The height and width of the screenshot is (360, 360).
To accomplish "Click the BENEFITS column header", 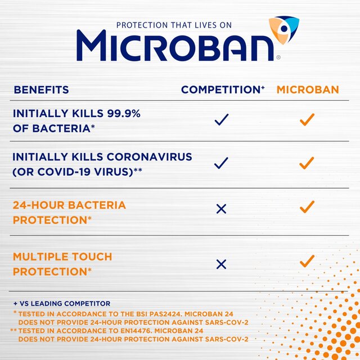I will point(41,90).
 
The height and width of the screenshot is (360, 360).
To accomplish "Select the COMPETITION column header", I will point(223,90).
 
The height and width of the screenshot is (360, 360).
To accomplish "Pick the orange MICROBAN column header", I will point(307,90).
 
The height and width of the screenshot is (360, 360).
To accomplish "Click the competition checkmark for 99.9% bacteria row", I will point(222,119).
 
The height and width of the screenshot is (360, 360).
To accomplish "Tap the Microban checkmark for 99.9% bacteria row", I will point(307,119).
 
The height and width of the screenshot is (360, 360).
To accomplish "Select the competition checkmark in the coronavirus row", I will point(222,163).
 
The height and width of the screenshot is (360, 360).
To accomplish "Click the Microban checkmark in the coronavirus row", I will point(307,163).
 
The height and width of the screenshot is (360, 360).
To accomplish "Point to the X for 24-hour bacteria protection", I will point(221,209).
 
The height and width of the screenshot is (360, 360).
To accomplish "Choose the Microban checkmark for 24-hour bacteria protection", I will point(307,207).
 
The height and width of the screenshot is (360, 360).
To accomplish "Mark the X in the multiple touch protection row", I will point(221,263).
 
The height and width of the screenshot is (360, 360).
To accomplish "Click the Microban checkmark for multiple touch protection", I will point(307,262).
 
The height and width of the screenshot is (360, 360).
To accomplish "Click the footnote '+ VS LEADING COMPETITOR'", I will point(62,304).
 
